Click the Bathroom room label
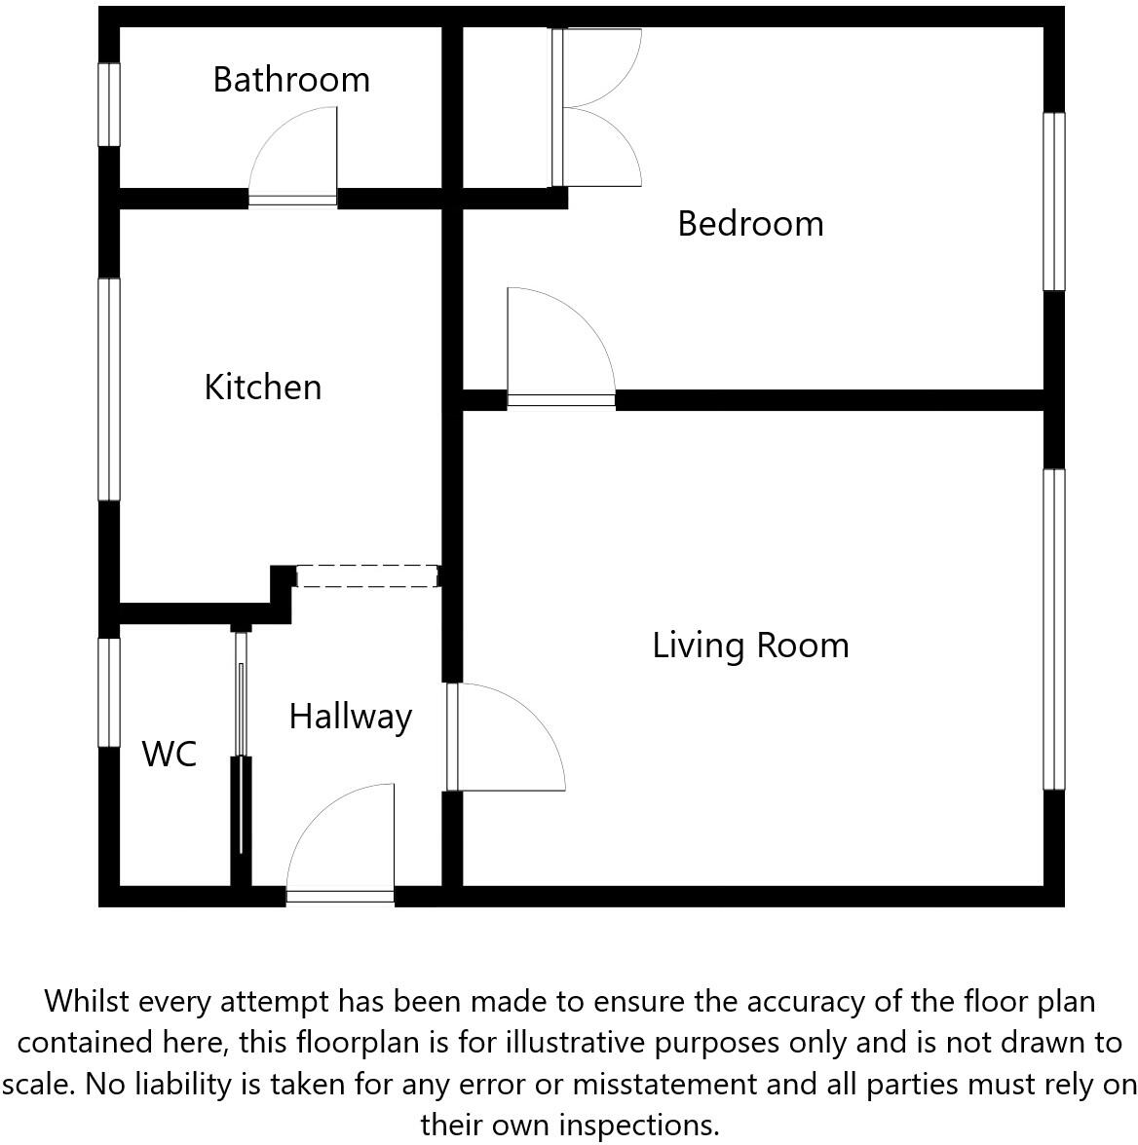[x=291, y=79]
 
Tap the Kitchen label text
[x=262, y=387]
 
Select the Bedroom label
[x=750, y=223]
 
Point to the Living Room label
[x=750, y=645]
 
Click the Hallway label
[x=350, y=716]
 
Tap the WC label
[x=170, y=754]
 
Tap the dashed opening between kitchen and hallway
[x=366, y=576]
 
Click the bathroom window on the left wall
[x=109, y=105]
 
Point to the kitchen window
[x=109, y=389]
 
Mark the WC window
[x=109, y=692]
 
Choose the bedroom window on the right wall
[x=1053, y=202]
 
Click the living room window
[x=1053, y=629]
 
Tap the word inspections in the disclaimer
[x=646, y=1125]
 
